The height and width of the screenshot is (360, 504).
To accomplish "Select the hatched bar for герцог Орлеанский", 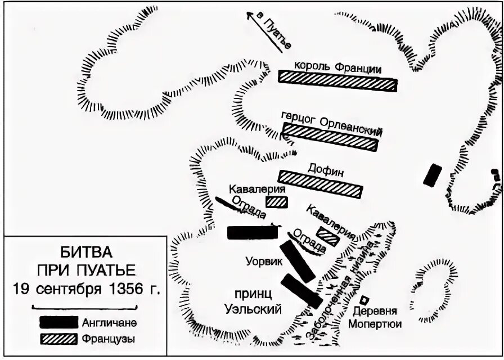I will (328, 137).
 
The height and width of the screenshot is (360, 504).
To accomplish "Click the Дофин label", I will (322, 168).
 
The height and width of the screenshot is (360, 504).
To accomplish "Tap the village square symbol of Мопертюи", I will (364, 301).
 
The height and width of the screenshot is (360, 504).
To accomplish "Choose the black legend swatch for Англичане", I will (58, 322).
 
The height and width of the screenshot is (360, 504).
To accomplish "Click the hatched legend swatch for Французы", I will (58, 339).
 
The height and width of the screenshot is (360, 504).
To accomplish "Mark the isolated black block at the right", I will (432, 174).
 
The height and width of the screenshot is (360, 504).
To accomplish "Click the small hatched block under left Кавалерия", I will (276, 201).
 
